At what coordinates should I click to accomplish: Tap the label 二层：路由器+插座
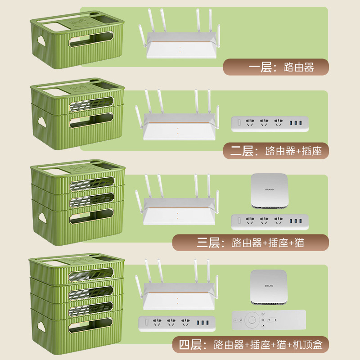pyautogui.click(x=276, y=151)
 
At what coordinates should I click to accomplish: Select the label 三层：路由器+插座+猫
pyautogui.click(x=250, y=243)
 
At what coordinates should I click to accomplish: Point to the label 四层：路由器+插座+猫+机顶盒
pyautogui.click(x=251, y=345)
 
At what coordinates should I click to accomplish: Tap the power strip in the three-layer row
pyautogui.click(x=270, y=221)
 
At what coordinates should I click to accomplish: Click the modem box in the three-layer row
pyautogui.click(x=269, y=191)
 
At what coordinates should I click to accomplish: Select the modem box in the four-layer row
pyautogui.click(x=269, y=286)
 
